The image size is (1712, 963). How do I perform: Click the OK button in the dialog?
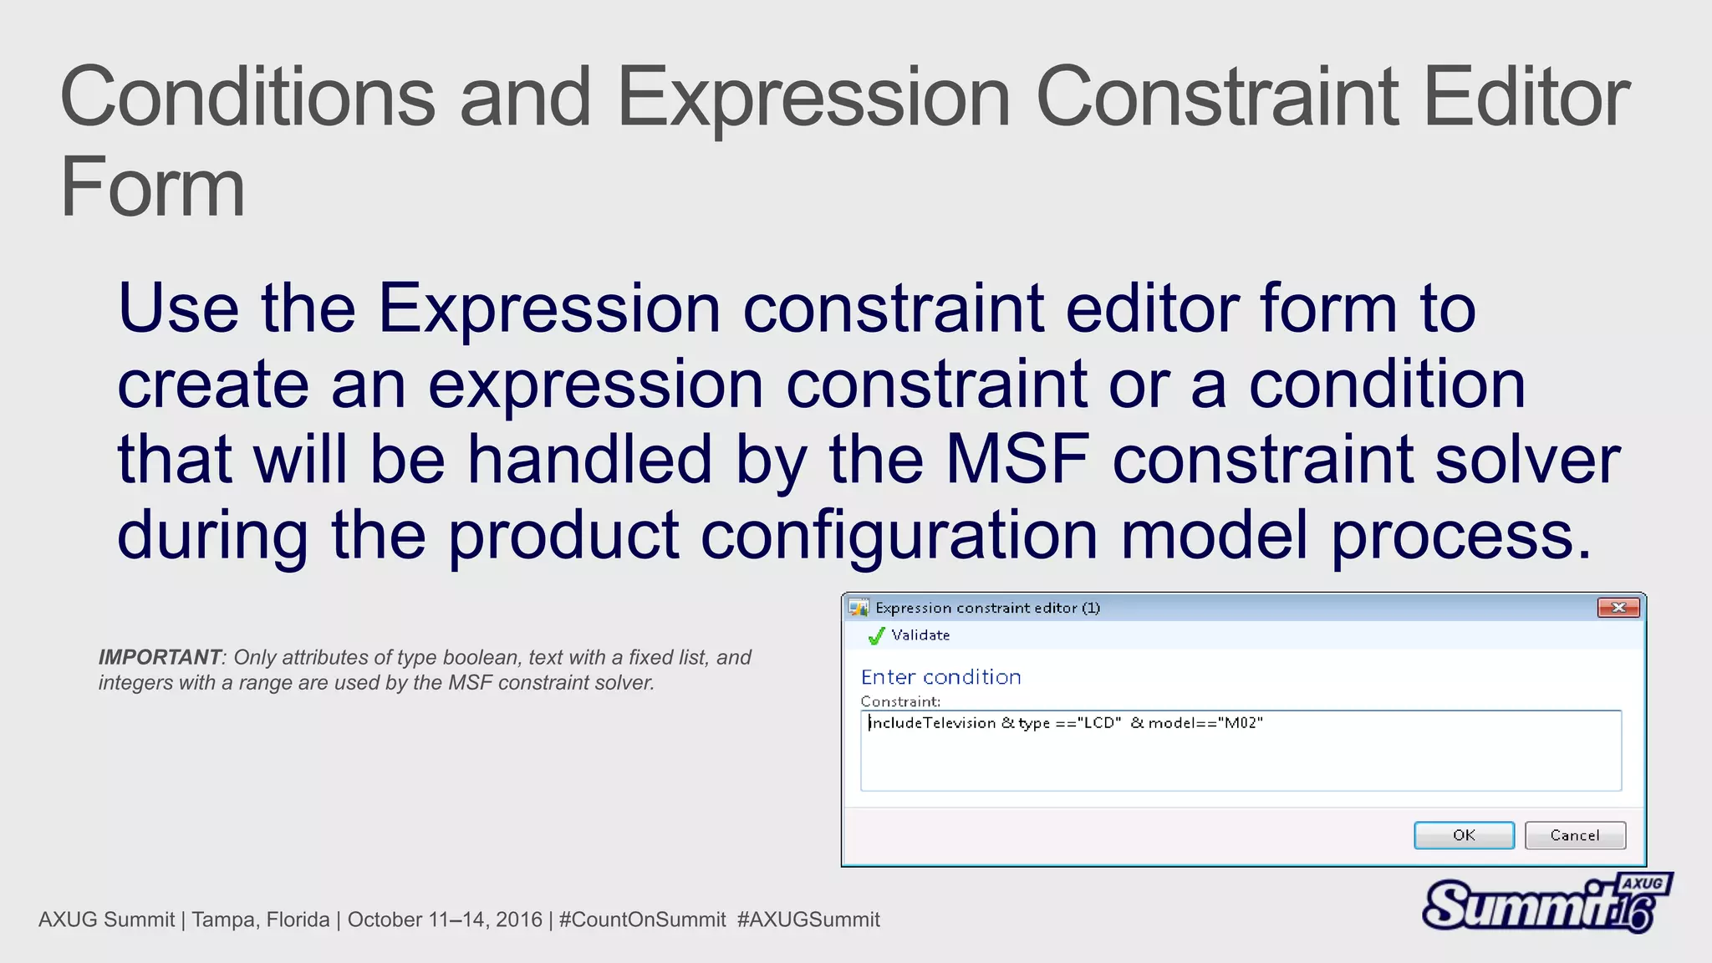pyautogui.click(x=1464, y=835)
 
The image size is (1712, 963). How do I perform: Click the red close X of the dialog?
pyautogui.click(x=1618, y=608)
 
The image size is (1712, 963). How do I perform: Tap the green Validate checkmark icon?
pyautogui.click(x=876, y=636)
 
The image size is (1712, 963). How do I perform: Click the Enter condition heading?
pyautogui.click(x=940, y=677)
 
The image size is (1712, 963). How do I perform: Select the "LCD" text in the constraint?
pyautogui.click(x=1099, y=723)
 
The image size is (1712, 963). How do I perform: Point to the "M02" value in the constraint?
pyautogui.click(x=1241, y=723)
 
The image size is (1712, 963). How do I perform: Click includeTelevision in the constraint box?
pyautogui.click(x=932, y=723)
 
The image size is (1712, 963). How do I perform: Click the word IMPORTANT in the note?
pyautogui.click(x=159, y=657)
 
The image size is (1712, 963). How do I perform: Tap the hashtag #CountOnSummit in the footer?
pyautogui.click(x=642, y=920)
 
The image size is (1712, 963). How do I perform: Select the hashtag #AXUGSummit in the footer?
pyautogui.click(x=808, y=920)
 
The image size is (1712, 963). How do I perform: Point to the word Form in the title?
pyautogui.click(x=153, y=187)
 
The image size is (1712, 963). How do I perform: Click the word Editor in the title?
pyautogui.click(x=1526, y=97)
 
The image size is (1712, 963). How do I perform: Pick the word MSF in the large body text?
pyautogui.click(x=1017, y=459)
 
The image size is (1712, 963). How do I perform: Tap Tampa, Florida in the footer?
pyautogui.click(x=260, y=920)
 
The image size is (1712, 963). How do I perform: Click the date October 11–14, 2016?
pyautogui.click(x=445, y=920)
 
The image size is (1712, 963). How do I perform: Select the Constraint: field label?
pyautogui.click(x=900, y=701)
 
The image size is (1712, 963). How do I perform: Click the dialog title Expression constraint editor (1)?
pyautogui.click(x=987, y=608)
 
